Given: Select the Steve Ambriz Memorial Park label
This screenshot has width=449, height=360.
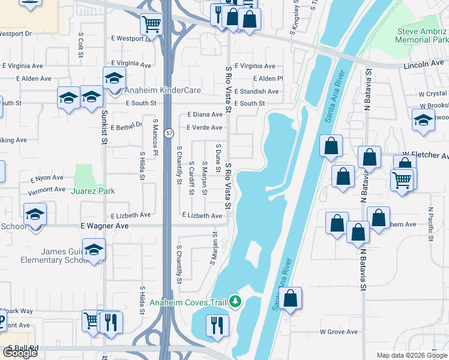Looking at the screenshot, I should [423, 35].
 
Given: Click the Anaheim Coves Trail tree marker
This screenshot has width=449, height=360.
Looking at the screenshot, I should [236, 302].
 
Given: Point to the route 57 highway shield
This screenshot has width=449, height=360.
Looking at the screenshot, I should [170, 131].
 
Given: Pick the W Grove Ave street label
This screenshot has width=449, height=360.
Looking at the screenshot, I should [339, 331].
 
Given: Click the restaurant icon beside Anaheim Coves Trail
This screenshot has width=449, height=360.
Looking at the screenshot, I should [217, 325].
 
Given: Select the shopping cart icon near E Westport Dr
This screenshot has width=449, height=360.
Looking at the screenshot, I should [151, 25].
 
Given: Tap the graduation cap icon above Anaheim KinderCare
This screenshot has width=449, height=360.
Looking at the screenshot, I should [113, 77].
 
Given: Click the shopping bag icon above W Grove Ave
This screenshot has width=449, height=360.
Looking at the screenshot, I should [290, 298].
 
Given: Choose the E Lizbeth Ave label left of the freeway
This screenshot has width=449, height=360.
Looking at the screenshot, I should [131, 215].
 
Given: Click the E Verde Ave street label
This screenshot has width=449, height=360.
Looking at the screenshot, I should [204, 127].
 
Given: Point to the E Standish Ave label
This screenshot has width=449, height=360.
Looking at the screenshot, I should [256, 91].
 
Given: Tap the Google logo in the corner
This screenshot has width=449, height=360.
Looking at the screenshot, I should [19, 353].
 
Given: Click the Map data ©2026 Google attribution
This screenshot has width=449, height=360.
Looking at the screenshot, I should [411, 355].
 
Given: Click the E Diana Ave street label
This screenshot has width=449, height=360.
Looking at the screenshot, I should [205, 114].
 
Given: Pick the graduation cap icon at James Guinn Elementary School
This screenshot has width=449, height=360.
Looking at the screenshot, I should [94, 250].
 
